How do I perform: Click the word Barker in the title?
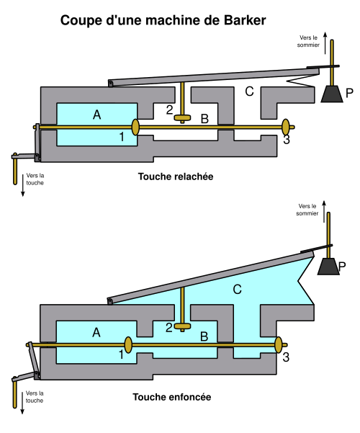pos(245,20)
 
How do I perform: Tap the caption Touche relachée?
pos(176,177)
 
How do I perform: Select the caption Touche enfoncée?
pos(171,397)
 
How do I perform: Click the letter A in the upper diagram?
pos(97,115)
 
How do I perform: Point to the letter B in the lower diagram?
pos(204,336)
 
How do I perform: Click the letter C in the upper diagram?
pos(249,91)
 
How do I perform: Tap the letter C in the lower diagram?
pos(237,290)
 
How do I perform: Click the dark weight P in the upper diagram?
pos(332,94)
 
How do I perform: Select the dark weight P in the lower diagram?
pos(328,266)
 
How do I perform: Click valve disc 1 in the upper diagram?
pos(135,127)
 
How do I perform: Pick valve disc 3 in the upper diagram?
pos(286,127)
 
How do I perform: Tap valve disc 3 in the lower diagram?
pos(279,345)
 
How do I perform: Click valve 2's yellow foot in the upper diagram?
pos(182,118)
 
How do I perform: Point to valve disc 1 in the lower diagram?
pos(128,345)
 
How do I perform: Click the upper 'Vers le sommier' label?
pos(308,41)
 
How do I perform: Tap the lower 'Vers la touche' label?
pos(35,397)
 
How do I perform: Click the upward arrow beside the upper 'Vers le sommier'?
pos(325,43)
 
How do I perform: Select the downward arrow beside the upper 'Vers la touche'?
pos(22,185)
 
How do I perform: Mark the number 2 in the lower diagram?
pos(169,328)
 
